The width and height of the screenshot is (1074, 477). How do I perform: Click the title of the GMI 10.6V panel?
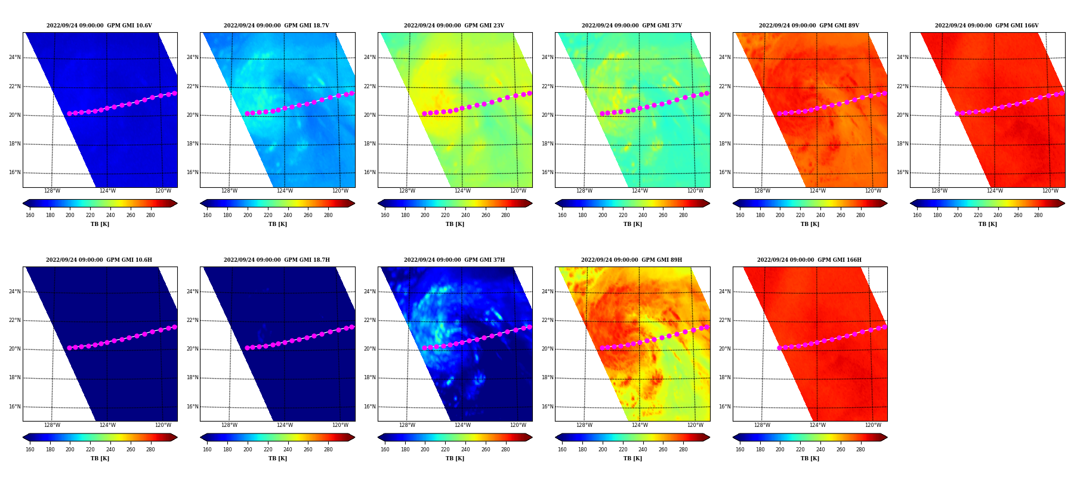click(x=99, y=26)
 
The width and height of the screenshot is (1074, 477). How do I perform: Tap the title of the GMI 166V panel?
click(x=986, y=26)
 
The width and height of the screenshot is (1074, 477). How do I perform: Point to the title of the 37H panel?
click(x=454, y=260)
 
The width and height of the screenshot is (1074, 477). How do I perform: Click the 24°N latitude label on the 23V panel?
click(x=369, y=58)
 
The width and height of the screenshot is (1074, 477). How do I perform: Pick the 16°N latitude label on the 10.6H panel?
click(x=14, y=407)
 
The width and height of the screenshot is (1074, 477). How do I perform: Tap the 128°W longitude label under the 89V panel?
click(x=762, y=191)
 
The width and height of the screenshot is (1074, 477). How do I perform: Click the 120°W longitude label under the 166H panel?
click(x=873, y=426)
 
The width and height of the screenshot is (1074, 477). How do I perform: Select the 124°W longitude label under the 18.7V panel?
click(x=285, y=191)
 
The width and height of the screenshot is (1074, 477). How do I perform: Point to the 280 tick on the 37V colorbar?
click(x=683, y=215)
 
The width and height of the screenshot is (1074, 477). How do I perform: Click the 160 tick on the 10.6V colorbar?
click(x=30, y=215)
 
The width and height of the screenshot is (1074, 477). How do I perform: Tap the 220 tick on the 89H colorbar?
click(x=622, y=450)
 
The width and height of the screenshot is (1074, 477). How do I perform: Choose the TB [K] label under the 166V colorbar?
click(x=987, y=224)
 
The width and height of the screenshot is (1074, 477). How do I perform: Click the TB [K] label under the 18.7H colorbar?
click(x=277, y=459)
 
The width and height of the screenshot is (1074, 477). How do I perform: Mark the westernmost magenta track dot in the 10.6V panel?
click(x=69, y=113)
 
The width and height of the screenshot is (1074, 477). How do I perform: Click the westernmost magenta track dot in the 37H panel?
click(x=424, y=348)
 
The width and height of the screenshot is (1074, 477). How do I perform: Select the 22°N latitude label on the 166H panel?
click(x=724, y=321)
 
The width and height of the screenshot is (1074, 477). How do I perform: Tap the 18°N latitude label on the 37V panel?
click(x=547, y=144)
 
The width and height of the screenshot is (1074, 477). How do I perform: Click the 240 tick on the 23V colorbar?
click(x=465, y=215)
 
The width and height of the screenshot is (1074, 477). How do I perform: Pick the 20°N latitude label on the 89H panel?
click(x=547, y=349)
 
